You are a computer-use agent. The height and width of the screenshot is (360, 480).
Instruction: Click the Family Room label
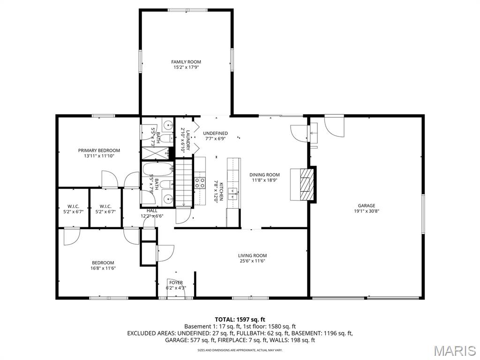(186, 62)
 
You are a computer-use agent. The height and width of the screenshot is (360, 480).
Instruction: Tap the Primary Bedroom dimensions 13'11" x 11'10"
(99, 156)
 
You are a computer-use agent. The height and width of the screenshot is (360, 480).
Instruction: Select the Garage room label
(366, 205)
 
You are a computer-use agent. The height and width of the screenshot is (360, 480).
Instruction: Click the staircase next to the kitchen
(184, 183)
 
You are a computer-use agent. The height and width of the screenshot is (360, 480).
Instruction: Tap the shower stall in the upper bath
(155, 153)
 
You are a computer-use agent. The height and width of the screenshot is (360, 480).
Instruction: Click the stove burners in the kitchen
(200, 182)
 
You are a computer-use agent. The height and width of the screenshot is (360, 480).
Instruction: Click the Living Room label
(252, 255)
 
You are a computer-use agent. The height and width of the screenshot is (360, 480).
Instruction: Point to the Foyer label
(176, 283)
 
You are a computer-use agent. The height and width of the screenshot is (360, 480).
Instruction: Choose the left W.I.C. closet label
(73, 206)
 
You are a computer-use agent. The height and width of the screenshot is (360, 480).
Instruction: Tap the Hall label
(152, 211)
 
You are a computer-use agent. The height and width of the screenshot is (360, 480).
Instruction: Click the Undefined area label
(215, 133)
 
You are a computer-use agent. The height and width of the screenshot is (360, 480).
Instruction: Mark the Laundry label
(188, 141)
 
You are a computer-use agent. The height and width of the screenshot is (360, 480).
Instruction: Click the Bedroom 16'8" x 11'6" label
(103, 262)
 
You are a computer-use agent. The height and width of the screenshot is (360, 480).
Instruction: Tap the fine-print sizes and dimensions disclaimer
(240, 350)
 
